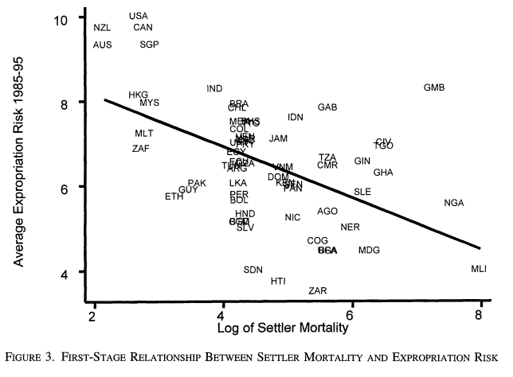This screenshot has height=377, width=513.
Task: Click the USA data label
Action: pos(139,16)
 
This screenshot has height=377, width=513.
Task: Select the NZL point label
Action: pos(102,28)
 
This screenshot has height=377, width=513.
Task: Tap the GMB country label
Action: pos(434,87)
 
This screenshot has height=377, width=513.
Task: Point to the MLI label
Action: pos(479,269)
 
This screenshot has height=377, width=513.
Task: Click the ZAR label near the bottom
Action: pos(318,291)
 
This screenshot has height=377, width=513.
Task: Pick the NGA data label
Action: pos(454,203)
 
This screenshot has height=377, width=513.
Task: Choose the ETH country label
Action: pos(174,196)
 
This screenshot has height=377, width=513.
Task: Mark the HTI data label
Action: pos(278,281)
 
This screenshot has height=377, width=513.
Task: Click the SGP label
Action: pos(150,45)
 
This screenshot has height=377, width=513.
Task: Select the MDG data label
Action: pos(369,251)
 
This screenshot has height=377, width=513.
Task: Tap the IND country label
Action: pos(214,88)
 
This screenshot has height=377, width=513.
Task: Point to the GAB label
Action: pos(327,107)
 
